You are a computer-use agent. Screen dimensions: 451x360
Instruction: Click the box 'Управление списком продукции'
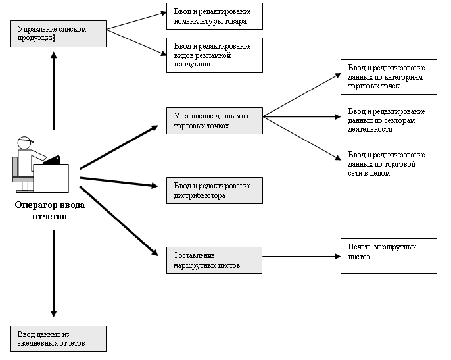58,34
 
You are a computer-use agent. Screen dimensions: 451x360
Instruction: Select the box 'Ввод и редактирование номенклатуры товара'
214,16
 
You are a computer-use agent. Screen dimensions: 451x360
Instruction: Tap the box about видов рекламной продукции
214,55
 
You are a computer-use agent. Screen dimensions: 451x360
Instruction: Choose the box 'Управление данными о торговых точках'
214,120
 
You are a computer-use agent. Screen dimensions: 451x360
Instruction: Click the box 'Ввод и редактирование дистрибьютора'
214,190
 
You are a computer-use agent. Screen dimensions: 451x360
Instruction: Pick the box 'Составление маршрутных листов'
214,260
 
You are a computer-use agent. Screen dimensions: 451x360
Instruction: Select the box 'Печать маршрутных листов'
389,256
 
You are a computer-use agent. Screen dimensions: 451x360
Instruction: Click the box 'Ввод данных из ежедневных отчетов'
58,339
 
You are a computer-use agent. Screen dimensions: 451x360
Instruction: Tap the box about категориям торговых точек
389,77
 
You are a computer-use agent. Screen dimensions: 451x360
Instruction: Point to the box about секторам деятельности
389,120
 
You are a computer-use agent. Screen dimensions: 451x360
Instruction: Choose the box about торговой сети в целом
389,165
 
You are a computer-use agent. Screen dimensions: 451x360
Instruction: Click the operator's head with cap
25,143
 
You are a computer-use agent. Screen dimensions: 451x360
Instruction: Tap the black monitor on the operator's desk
53,160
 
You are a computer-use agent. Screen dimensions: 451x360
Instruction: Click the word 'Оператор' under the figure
34,205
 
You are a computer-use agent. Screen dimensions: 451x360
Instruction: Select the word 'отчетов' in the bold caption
49,217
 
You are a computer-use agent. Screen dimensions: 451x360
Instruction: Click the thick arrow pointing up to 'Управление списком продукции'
53,91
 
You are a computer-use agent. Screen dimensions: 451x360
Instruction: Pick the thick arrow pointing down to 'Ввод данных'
53,273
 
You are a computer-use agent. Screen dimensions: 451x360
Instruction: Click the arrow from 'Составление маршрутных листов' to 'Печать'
301,256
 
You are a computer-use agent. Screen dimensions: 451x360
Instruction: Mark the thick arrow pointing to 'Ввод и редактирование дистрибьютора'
119,182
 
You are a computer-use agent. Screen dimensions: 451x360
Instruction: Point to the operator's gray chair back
15,167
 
